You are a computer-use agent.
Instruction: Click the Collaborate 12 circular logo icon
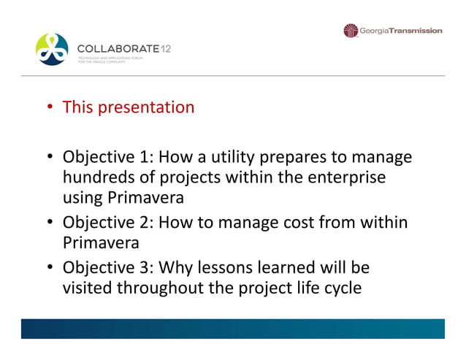pos(52,49)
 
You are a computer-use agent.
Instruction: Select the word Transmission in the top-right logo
pos(415,31)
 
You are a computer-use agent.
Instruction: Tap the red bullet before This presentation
pos(50,108)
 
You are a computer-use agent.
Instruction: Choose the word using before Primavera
pos(83,198)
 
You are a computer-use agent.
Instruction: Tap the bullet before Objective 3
pos(50,267)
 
